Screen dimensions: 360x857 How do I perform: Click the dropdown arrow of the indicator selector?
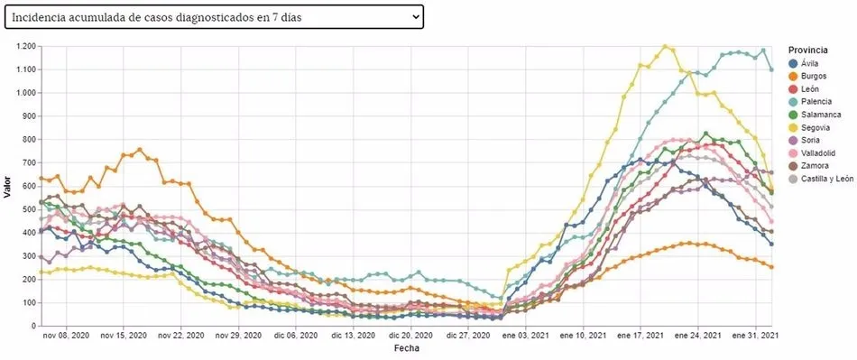tap(415, 16)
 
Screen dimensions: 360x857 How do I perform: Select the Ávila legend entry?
tap(809, 63)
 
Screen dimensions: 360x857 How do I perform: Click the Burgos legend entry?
tap(813, 76)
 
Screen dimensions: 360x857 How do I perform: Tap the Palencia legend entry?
tap(816, 102)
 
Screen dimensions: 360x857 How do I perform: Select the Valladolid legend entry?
tap(817, 152)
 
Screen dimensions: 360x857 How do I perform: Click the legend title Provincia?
tap(806, 50)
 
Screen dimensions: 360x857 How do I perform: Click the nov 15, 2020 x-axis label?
tap(124, 336)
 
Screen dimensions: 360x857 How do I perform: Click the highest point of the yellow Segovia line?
tap(665, 46)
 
